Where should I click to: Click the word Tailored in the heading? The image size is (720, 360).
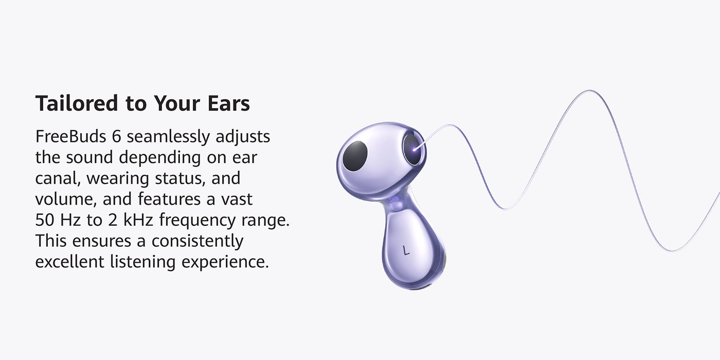77,103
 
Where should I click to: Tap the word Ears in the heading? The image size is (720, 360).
228,103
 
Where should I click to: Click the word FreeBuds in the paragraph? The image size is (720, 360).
71,136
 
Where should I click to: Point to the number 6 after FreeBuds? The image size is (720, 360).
116,137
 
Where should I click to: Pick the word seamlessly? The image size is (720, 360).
168,137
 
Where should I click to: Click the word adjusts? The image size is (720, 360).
243,137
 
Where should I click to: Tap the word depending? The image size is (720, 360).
160,158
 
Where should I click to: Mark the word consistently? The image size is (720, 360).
197,241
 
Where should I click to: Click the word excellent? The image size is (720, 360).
70,262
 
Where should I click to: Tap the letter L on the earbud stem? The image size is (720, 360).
406,250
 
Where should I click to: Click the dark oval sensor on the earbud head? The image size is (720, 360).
355,156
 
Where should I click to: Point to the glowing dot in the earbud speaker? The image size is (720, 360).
415,149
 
